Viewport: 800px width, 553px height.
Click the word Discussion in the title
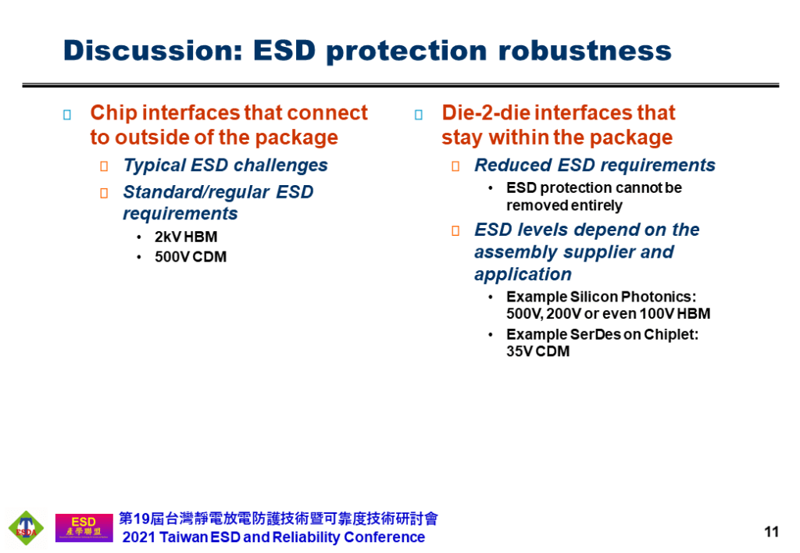[152, 51]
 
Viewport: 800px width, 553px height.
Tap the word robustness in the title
[584, 51]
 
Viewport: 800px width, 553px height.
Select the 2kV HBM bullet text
[186, 237]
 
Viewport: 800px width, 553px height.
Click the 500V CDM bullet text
[191, 257]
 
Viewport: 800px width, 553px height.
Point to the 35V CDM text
[537, 351]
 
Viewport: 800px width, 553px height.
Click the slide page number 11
[771, 532]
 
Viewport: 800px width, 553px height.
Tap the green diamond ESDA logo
[26, 528]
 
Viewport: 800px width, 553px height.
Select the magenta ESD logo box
[84, 527]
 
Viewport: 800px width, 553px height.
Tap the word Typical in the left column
[155, 166]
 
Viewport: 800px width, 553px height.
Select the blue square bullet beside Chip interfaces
[67, 115]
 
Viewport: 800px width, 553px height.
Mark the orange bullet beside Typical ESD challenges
[104, 166]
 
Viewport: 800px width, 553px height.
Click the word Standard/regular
[196, 192]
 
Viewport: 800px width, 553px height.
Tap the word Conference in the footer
[384, 537]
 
